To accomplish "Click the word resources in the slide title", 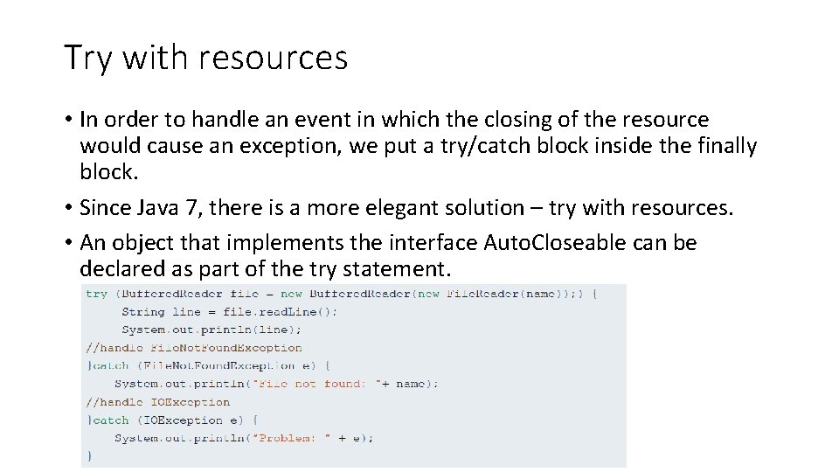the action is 274,59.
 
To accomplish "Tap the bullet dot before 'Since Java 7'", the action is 68,208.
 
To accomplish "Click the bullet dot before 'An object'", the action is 68,242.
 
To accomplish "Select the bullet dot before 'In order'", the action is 68,120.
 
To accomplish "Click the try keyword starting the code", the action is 96,294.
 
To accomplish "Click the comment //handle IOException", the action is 158,402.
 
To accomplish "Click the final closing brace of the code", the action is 88,455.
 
